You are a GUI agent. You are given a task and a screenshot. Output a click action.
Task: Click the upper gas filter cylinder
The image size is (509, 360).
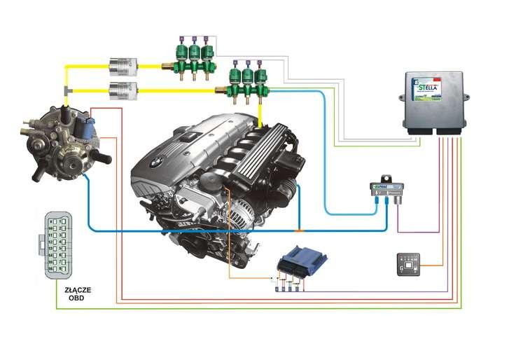[123, 66]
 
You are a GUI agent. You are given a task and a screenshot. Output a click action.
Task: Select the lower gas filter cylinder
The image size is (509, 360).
[123, 90]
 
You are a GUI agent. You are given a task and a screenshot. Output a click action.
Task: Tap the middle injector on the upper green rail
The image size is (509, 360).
[194, 52]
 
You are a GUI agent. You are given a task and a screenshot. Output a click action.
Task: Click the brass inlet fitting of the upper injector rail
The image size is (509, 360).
[167, 67]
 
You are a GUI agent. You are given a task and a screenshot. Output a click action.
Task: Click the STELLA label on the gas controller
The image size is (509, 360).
[426, 89]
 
